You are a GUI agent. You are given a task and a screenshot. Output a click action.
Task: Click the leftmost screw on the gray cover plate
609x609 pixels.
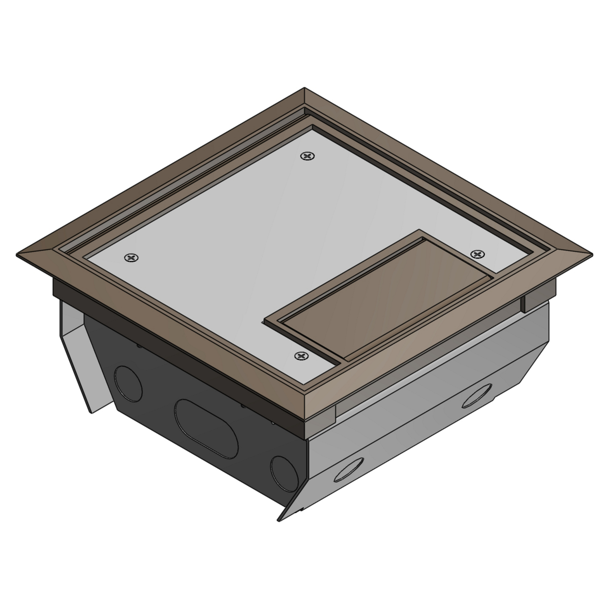click(131, 257)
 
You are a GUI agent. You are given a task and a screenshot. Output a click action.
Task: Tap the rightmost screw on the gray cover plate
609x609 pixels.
click(477, 254)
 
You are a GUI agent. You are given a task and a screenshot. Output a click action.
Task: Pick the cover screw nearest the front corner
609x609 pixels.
click(301, 356)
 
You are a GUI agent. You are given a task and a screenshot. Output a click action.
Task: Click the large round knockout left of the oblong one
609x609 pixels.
click(129, 383)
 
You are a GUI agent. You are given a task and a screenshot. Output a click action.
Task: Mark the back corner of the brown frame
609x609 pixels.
click(304, 90)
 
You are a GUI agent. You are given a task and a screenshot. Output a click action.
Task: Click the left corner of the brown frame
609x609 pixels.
click(19, 256)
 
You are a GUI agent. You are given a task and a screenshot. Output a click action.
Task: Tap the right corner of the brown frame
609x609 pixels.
click(591, 255)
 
